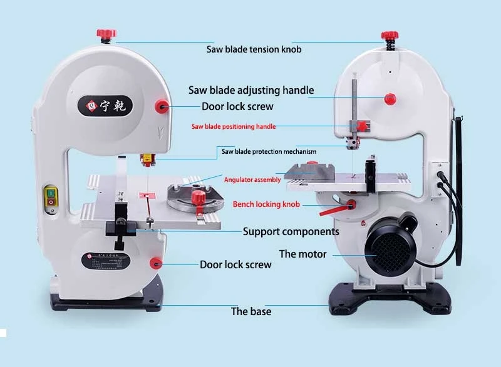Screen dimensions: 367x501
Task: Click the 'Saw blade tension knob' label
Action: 254,49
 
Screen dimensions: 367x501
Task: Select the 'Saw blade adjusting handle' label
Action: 251,90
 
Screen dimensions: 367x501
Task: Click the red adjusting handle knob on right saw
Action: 390,98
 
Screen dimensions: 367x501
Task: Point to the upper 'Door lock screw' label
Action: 237,106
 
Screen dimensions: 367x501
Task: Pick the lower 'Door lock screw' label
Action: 235,264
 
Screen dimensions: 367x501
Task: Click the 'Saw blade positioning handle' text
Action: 233,126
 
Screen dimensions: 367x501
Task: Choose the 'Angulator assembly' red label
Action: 252,179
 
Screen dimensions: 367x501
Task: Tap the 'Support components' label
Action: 291,232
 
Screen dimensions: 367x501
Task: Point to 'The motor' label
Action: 302,254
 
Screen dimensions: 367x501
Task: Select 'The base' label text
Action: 251,311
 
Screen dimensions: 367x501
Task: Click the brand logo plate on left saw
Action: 105,105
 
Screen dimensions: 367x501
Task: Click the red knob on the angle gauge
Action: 199,198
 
